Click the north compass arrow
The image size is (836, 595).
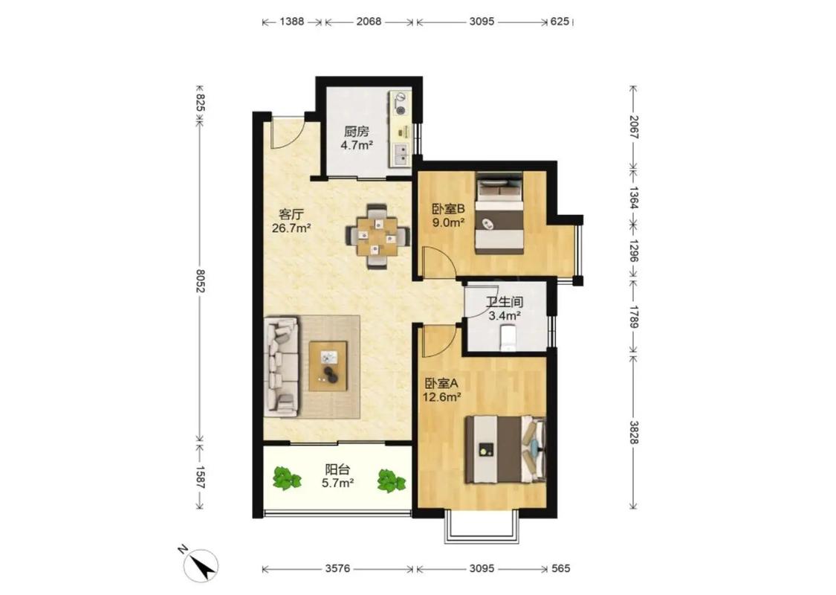(202, 567)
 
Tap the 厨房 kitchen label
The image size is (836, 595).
(356, 132)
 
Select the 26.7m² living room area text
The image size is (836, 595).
(291, 228)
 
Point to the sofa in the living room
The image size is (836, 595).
(281, 366)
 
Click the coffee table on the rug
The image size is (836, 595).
(328, 366)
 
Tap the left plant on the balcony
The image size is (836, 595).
(287, 477)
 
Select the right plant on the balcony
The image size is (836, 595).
(392, 480)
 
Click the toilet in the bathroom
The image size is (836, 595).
(508, 339)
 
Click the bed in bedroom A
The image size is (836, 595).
(505, 450)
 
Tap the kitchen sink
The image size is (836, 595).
(401, 154)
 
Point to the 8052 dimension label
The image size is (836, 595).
(200, 280)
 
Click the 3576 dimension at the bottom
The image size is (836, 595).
(337, 569)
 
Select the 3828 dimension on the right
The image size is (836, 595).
(633, 432)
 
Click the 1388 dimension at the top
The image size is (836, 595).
(291, 22)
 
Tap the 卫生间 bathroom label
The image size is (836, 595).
(505, 302)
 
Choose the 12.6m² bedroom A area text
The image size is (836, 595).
(441, 397)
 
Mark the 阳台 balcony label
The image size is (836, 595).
(338, 469)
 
